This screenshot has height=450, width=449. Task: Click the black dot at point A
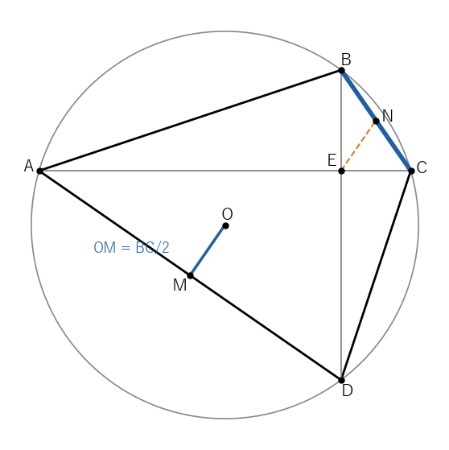[x=39, y=171]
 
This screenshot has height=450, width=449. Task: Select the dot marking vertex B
[x=341, y=70]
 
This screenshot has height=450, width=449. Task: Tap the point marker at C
[x=411, y=171]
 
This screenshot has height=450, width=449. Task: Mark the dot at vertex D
[x=341, y=380]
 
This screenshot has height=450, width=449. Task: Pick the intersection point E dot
[x=341, y=171]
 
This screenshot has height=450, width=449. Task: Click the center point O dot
[x=225, y=226]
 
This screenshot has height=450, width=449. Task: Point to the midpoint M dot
[x=190, y=276]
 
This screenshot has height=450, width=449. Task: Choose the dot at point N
[x=376, y=121]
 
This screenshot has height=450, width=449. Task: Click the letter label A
[x=29, y=166]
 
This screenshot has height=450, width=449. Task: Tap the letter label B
[x=346, y=60]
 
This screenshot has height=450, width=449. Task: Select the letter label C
[x=422, y=167]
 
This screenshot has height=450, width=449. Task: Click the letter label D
[x=347, y=390]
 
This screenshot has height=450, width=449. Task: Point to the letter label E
[x=332, y=160]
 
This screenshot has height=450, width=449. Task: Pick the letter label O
[x=227, y=214]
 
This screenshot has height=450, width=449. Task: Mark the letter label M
[x=180, y=285]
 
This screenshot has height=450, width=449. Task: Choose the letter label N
[x=388, y=116]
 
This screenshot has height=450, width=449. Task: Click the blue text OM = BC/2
[x=131, y=247]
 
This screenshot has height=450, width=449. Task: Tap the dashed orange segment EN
[x=359, y=146]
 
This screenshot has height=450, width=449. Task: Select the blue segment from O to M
[x=208, y=251]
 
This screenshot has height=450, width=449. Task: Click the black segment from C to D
[x=376, y=276]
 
